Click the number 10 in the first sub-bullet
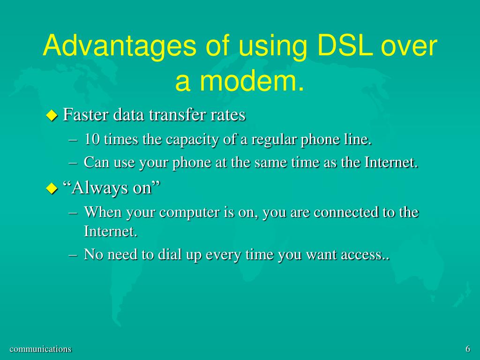(x=92, y=139)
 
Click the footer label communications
(x=41, y=349)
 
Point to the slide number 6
(x=468, y=349)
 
